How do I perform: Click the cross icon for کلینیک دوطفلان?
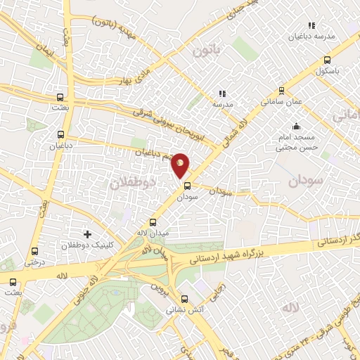(87, 233)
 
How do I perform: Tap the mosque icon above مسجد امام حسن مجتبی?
(296, 127)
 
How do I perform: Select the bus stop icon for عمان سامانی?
(282, 90)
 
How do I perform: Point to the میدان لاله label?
(152, 232)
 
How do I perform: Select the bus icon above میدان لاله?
(153, 221)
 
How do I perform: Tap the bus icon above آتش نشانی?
(184, 297)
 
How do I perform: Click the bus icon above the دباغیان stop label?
(60, 134)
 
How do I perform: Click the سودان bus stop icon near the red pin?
(187, 186)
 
